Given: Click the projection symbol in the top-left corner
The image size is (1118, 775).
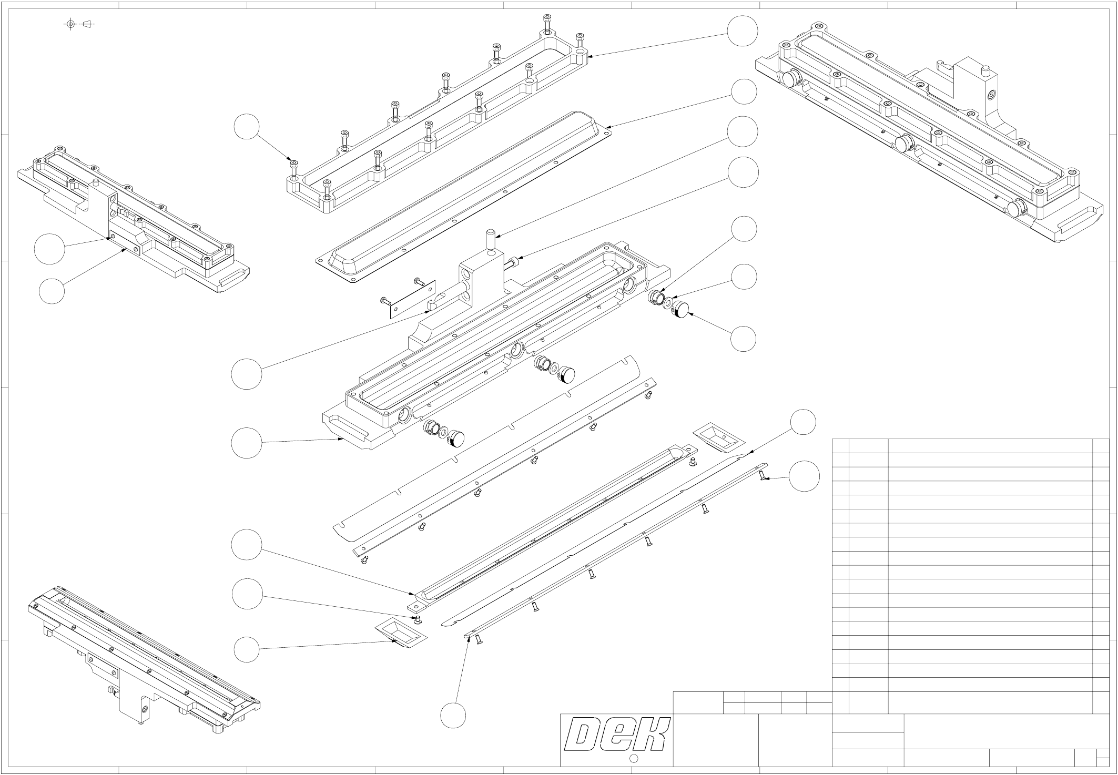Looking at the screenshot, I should pos(78,24).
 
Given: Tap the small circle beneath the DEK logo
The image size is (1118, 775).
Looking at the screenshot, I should pos(634,758).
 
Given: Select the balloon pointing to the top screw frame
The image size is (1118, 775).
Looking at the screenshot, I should pos(743,31).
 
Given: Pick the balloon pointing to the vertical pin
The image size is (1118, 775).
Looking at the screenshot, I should pos(743,131).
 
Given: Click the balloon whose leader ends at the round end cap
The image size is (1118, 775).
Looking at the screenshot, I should pos(744,339).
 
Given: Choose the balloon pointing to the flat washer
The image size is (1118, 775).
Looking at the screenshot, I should pos(744,277).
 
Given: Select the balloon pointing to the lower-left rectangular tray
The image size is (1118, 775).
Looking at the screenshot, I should pos(247,650).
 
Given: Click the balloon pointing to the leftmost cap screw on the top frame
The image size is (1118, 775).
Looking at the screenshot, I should pos(247,128).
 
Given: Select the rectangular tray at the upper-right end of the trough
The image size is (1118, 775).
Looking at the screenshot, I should pos(718,436).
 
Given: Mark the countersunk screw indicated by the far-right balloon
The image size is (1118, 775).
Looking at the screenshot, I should pos(761,475).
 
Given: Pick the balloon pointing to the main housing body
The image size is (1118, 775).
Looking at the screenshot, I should pos(247,443).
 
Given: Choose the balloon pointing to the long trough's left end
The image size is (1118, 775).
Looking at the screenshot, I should pos(247,546).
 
